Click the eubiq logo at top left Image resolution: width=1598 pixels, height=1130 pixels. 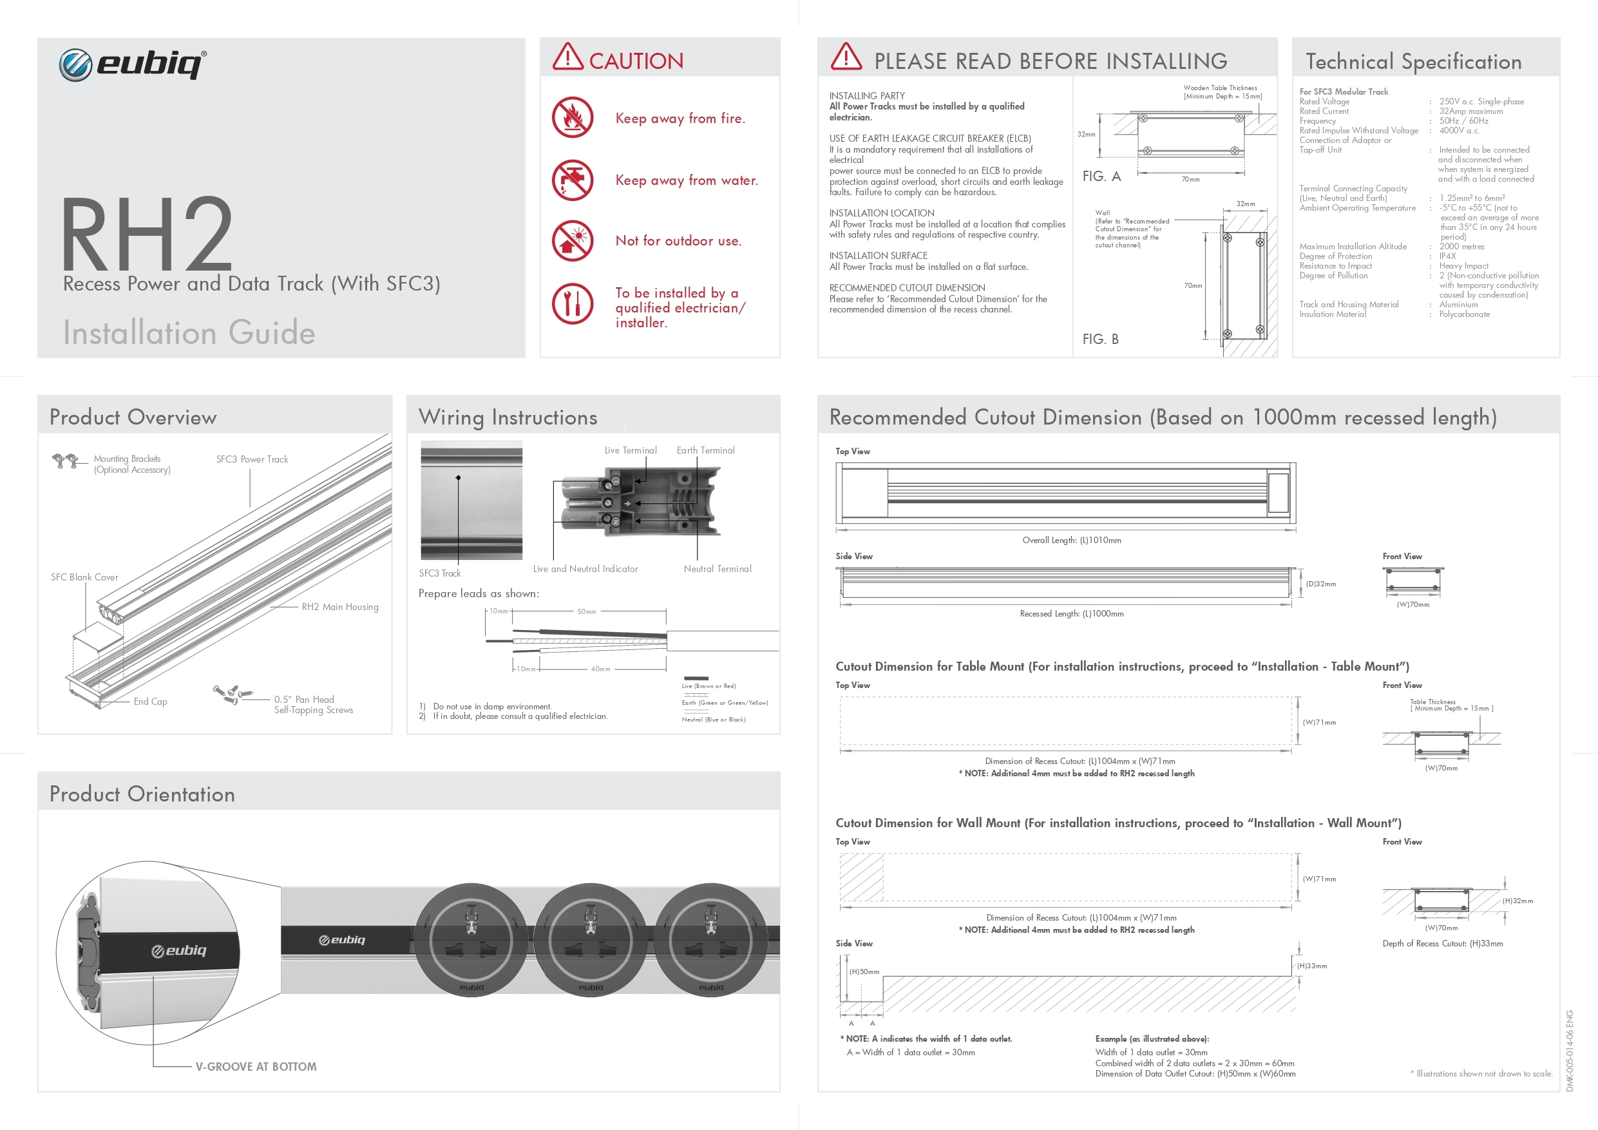132,65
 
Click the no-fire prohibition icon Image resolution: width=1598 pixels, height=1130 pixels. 572,117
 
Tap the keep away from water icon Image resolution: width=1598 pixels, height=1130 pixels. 572,180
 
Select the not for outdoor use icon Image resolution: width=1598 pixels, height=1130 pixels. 572,240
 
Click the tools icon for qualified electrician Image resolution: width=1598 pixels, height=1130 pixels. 572,303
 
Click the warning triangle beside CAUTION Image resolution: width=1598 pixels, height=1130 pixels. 567,57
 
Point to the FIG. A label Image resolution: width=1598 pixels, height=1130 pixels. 1101,176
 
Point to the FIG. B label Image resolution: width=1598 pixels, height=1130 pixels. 1100,339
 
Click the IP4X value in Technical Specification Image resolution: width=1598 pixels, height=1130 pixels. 1447,256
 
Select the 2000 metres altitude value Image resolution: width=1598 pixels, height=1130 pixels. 1461,247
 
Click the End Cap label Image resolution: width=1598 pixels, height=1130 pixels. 150,701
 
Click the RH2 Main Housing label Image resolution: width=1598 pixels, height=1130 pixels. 339,607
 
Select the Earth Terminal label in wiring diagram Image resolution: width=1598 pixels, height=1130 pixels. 705,450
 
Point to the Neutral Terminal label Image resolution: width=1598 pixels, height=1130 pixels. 717,569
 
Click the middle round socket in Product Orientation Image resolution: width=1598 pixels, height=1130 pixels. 590,940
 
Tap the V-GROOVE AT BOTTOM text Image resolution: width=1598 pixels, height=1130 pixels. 256,1066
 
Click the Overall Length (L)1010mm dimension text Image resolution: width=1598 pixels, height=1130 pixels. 1071,541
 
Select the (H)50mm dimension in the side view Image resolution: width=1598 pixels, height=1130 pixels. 864,972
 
